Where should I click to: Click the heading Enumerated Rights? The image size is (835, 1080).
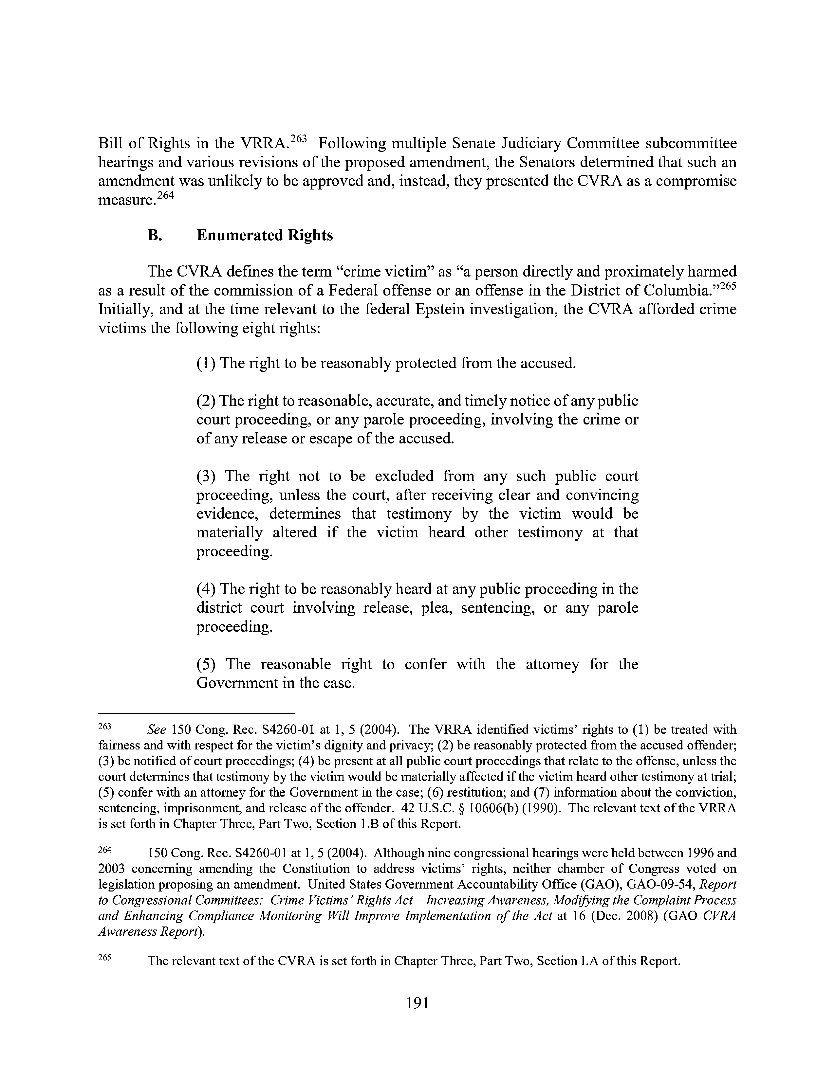pyautogui.click(x=265, y=235)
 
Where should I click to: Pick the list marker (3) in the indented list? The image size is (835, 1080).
pyautogui.click(x=206, y=476)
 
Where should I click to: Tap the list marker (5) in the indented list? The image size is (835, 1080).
pyautogui.click(x=206, y=664)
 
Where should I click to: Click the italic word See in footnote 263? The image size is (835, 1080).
pyautogui.click(x=157, y=730)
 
